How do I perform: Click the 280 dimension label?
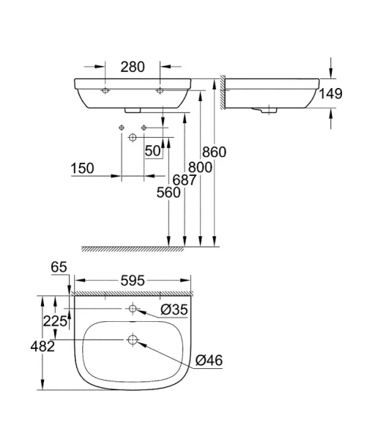[133, 67]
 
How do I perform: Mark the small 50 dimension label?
[152, 151]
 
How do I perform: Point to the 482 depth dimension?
[43, 346]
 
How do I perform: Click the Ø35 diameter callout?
[175, 310]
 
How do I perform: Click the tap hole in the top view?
[133, 309]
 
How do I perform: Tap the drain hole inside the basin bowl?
[133, 339]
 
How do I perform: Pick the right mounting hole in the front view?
[160, 91]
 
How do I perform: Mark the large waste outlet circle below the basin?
[133, 137]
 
